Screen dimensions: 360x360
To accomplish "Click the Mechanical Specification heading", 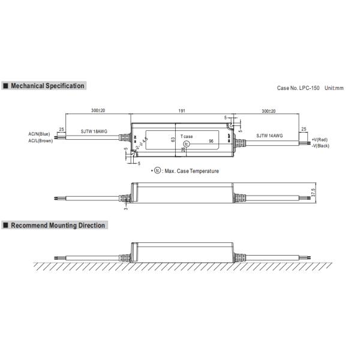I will [47, 86].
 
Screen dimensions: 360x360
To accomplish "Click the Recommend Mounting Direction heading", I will [58, 226].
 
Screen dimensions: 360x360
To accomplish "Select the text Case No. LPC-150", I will [298, 88].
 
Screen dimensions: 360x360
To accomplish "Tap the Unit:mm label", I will [334, 88].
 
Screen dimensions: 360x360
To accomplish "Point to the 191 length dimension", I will [182, 111].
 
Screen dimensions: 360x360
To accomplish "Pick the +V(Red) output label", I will [320, 139].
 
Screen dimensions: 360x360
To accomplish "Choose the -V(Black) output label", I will [321, 146].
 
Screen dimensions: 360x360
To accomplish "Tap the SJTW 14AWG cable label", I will [270, 136].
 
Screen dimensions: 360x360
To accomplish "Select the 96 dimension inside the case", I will [211, 140].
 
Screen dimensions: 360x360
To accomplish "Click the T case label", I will [187, 137].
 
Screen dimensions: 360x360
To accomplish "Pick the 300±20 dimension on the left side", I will [98, 111].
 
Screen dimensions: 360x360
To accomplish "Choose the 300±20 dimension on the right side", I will [269, 111].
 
